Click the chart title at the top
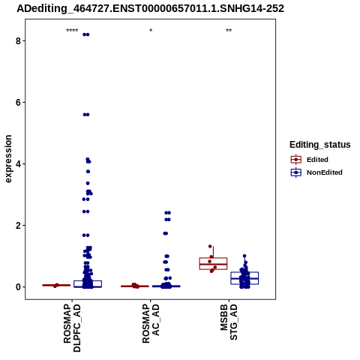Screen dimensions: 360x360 150,8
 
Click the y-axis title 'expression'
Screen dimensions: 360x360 8,159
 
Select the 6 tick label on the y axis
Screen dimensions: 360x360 18,102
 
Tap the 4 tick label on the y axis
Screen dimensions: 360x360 18,163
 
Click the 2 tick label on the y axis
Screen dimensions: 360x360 18,225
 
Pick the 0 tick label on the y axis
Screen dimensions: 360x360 18,287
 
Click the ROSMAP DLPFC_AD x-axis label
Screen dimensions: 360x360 72,328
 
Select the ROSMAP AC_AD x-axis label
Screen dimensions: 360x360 151,323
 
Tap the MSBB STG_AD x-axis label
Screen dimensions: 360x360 229,322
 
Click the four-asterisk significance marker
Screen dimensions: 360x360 72,31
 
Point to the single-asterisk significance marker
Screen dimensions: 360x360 151,31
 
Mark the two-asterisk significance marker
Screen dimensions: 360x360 229,31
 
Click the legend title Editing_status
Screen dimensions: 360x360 320,145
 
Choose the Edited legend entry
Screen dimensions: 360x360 309,160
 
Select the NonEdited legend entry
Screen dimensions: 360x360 316,172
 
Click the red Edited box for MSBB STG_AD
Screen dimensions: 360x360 213,263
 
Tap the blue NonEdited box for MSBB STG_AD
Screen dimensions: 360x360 244,278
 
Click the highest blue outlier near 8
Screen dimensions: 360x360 86,34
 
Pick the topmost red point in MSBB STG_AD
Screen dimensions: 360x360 210,246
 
